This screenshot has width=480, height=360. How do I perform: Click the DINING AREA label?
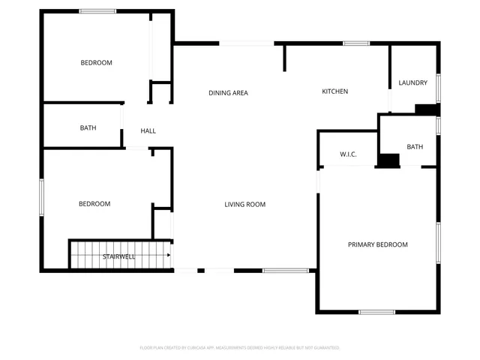(228, 93)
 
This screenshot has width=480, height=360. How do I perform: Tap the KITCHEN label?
(334, 91)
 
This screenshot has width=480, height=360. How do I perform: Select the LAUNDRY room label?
(413, 83)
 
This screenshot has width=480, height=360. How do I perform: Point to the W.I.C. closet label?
(348, 154)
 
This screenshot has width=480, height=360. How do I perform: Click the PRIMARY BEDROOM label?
(377, 244)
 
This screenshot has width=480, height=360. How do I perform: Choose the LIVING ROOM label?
(245, 204)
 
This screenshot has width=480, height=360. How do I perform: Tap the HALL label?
(148, 131)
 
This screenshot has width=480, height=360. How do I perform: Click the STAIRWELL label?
(119, 256)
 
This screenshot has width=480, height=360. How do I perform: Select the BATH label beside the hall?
(88, 128)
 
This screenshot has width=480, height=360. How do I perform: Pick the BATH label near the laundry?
(415, 147)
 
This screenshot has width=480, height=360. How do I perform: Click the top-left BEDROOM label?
(96, 63)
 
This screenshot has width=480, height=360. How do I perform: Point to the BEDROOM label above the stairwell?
(94, 204)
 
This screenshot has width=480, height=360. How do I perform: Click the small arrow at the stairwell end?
(169, 255)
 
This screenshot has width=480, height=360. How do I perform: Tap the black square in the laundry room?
(427, 109)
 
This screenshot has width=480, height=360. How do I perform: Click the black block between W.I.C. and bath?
(388, 160)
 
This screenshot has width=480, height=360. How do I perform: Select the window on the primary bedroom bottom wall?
(376, 312)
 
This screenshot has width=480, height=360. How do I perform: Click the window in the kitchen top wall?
(356, 43)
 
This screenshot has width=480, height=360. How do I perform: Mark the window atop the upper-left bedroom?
(97, 11)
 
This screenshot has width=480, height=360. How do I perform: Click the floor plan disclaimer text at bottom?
(240, 348)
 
